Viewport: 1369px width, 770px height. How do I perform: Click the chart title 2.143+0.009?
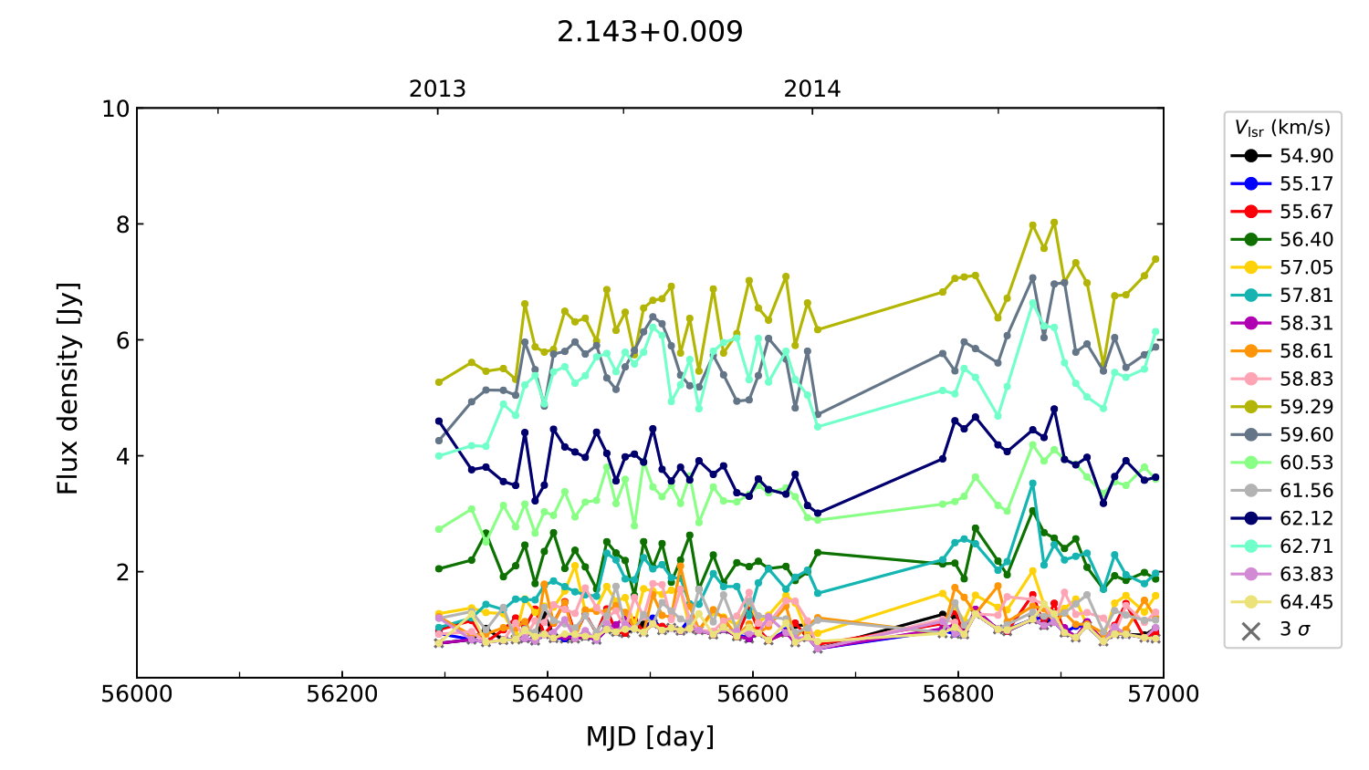(650, 32)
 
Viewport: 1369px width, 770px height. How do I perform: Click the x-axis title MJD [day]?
(650, 736)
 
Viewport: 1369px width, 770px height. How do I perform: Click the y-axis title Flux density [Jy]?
(68, 389)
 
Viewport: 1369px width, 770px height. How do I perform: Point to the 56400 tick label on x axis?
(547, 694)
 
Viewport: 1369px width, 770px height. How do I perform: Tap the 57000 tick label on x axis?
(1163, 694)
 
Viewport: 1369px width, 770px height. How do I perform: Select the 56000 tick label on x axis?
(137, 694)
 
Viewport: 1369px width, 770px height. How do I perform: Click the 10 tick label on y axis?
(116, 109)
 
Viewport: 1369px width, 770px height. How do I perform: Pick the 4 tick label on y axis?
(122, 456)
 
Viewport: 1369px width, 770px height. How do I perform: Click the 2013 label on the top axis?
(437, 89)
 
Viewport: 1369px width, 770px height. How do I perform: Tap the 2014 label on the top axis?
(812, 89)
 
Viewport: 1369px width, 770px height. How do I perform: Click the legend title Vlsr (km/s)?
(1282, 128)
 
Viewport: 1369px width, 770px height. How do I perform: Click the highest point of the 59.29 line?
(1054, 223)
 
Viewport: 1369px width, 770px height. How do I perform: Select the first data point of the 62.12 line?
(439, 421)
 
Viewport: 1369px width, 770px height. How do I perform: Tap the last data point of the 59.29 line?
(1155, 259)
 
